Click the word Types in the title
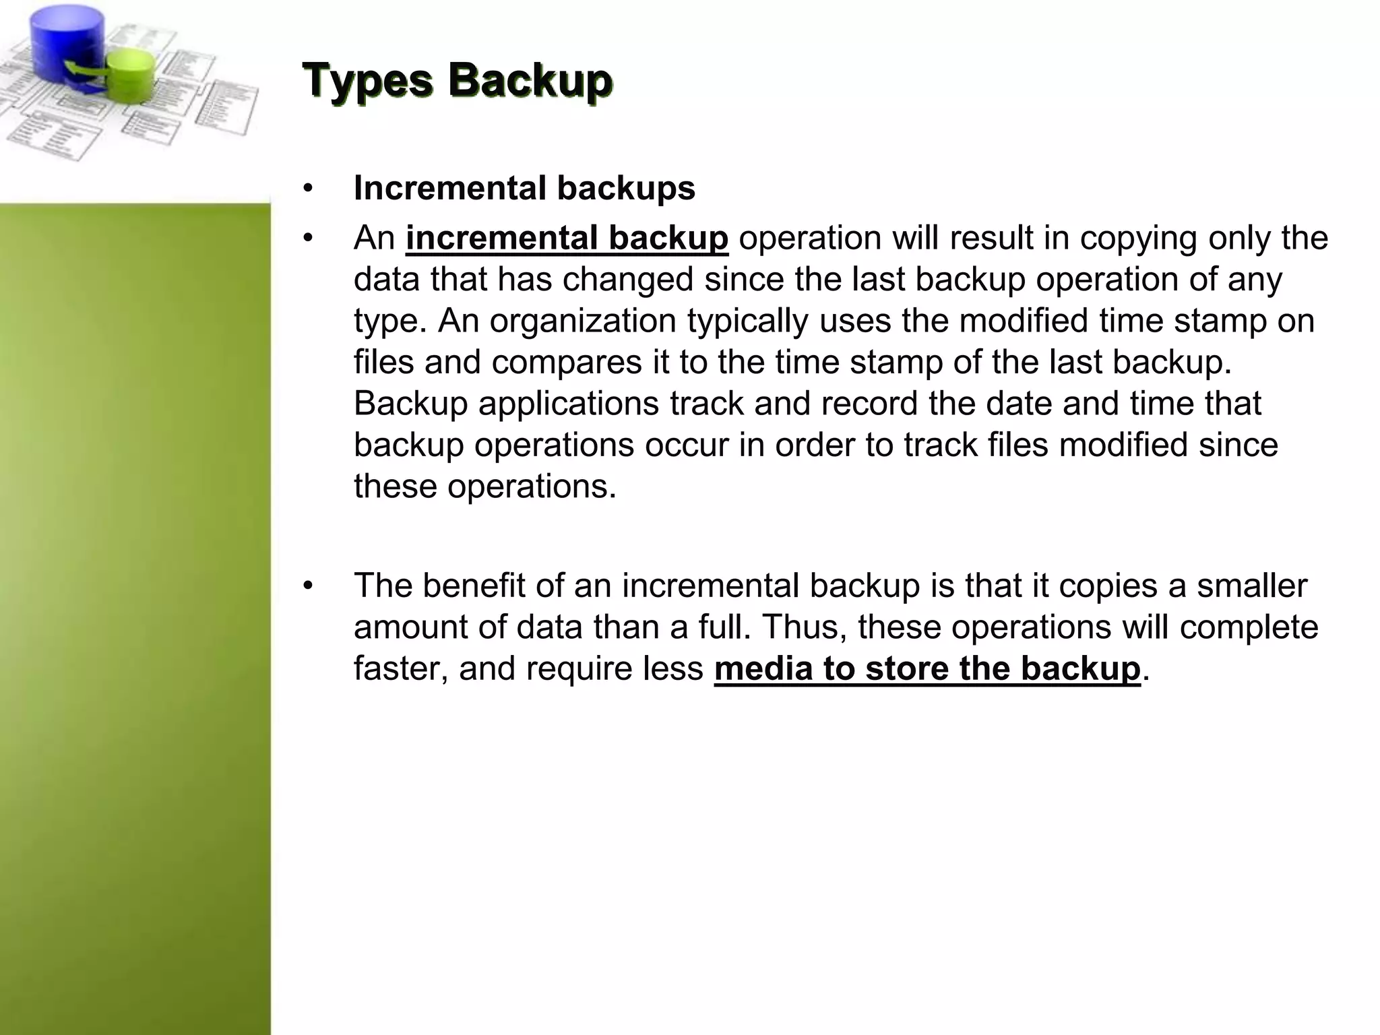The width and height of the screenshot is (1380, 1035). point(368,81)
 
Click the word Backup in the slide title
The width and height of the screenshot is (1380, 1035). point(530,81)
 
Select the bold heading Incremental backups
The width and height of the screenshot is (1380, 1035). point(524,188)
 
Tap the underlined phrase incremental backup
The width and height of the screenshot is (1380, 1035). point(567,238)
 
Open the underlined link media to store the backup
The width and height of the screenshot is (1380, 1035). point(927,668)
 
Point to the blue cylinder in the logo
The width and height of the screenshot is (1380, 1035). point(67,40)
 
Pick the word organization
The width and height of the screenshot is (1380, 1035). point(582,321)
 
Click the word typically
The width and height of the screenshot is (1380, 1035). point(747,321)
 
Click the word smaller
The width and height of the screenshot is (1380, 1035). point(1251,585)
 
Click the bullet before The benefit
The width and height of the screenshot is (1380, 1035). point(309,586)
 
